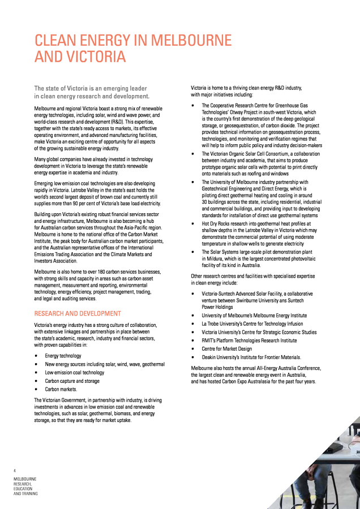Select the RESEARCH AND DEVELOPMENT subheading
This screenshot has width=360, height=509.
(x=78, y=313)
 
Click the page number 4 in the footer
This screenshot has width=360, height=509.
(x=15, y=470)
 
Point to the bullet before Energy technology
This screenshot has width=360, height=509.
(x=36, y=356)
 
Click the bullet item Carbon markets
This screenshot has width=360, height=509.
(x=61, y=390)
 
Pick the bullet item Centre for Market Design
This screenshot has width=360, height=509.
(x=226, y=349)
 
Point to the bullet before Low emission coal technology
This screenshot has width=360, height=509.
(x=36, y=373)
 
